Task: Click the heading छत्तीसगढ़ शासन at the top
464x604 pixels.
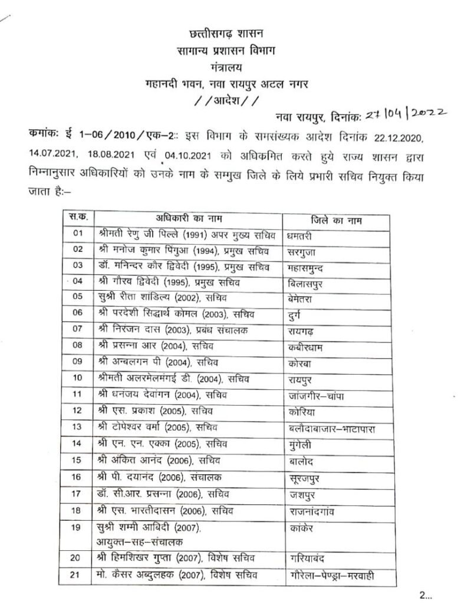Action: pyautogui.click(x=234, y=34)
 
